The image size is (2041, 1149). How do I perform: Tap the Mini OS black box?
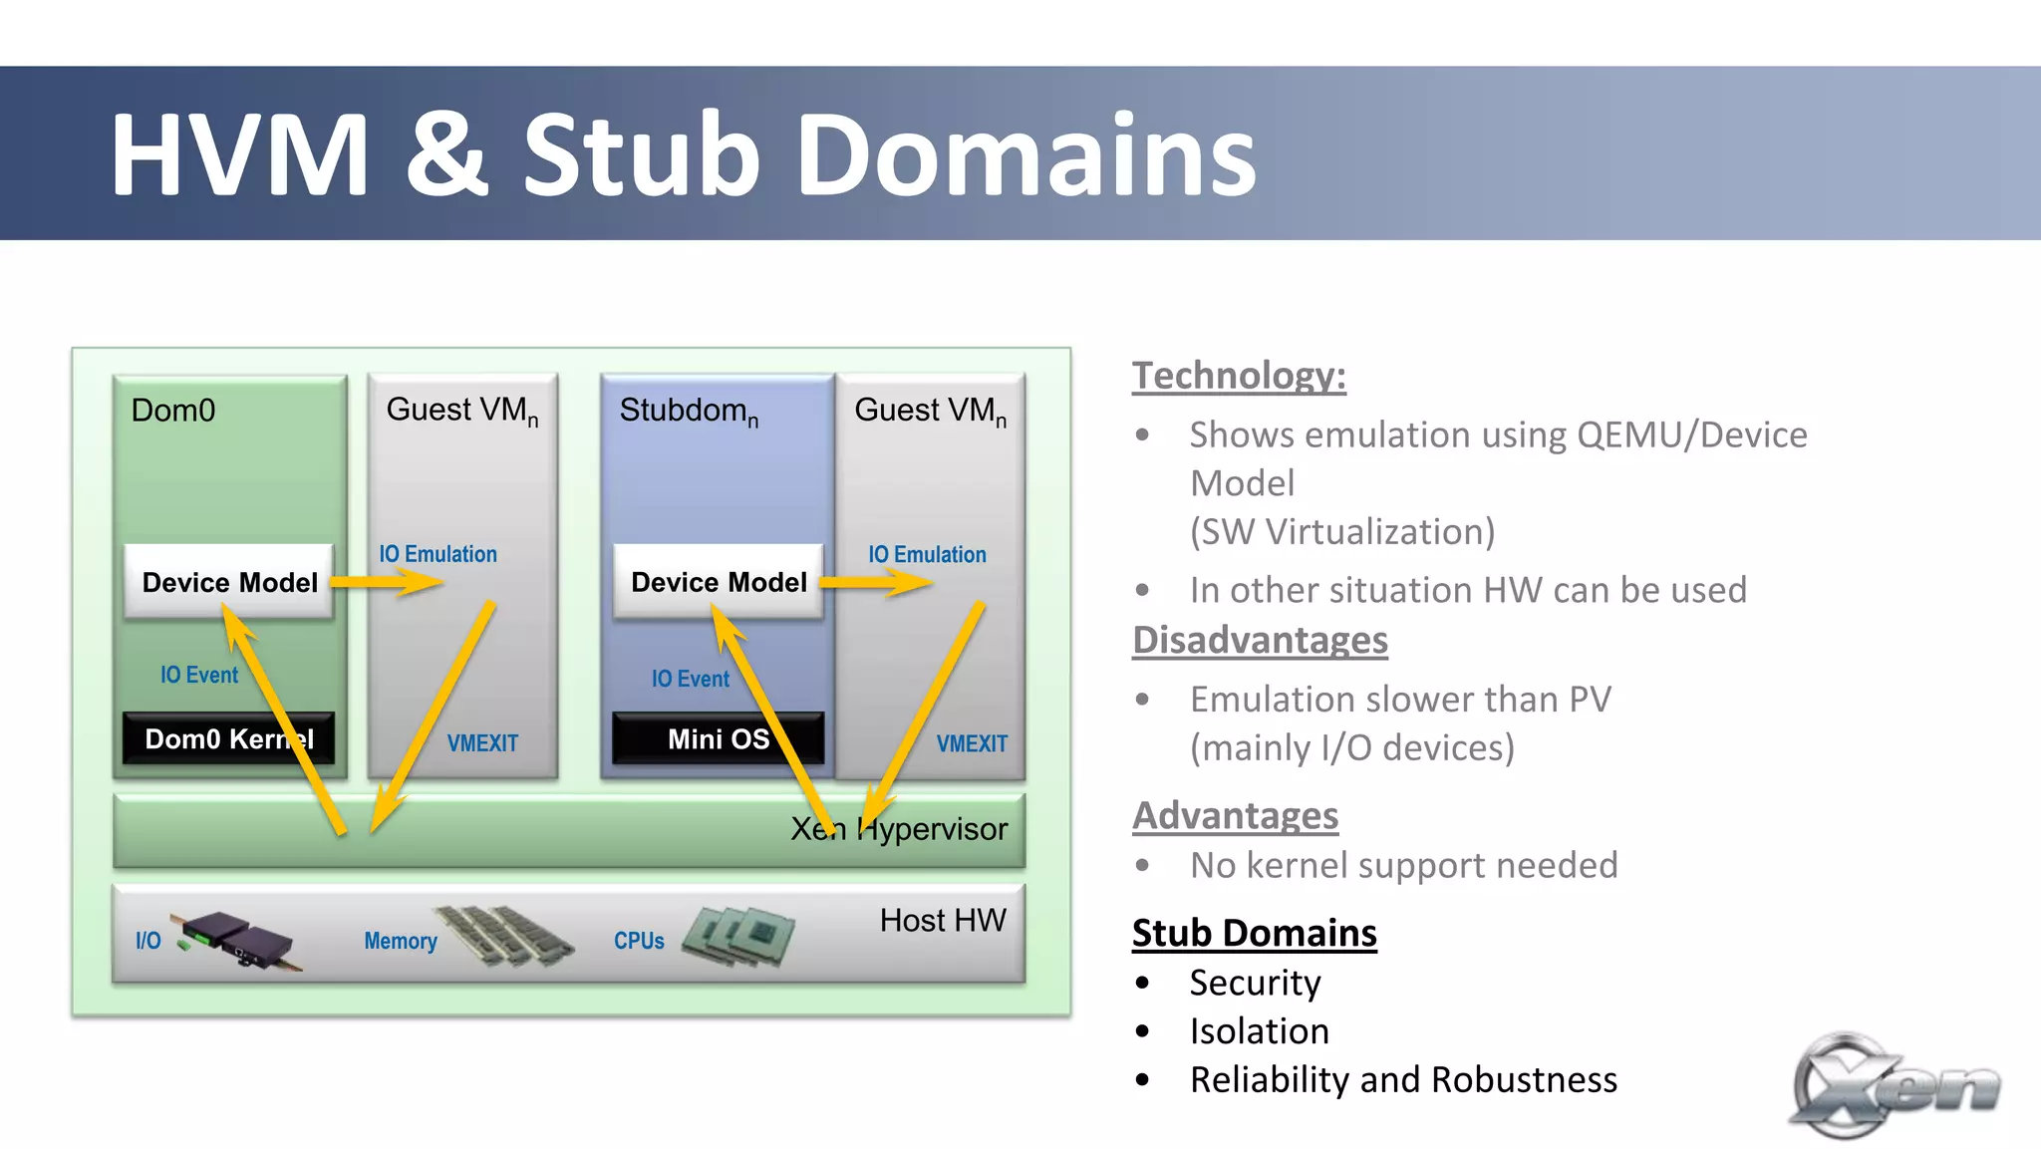(718, 738)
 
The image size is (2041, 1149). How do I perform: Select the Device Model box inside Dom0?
(229, 582)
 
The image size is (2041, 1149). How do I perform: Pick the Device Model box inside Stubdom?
(719, 582)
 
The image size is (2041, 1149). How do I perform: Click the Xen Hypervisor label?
(899, 829)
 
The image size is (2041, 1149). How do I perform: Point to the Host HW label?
(942, 920)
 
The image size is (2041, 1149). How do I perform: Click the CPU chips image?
(738, 935)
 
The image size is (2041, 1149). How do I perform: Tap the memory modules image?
(504, 935)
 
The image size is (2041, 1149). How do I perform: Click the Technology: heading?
(1239, 376)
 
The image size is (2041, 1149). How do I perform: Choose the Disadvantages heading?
(1260, 640)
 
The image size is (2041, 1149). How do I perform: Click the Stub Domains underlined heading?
(1254, 933)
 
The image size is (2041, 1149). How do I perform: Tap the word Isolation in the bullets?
(1259, 1031)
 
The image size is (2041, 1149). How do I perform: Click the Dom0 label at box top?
(173, 411)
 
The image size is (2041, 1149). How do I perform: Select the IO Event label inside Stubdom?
(690, 679)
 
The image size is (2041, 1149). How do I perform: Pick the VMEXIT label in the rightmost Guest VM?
(971, 743)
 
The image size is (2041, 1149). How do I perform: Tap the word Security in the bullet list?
(1255, 983)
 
